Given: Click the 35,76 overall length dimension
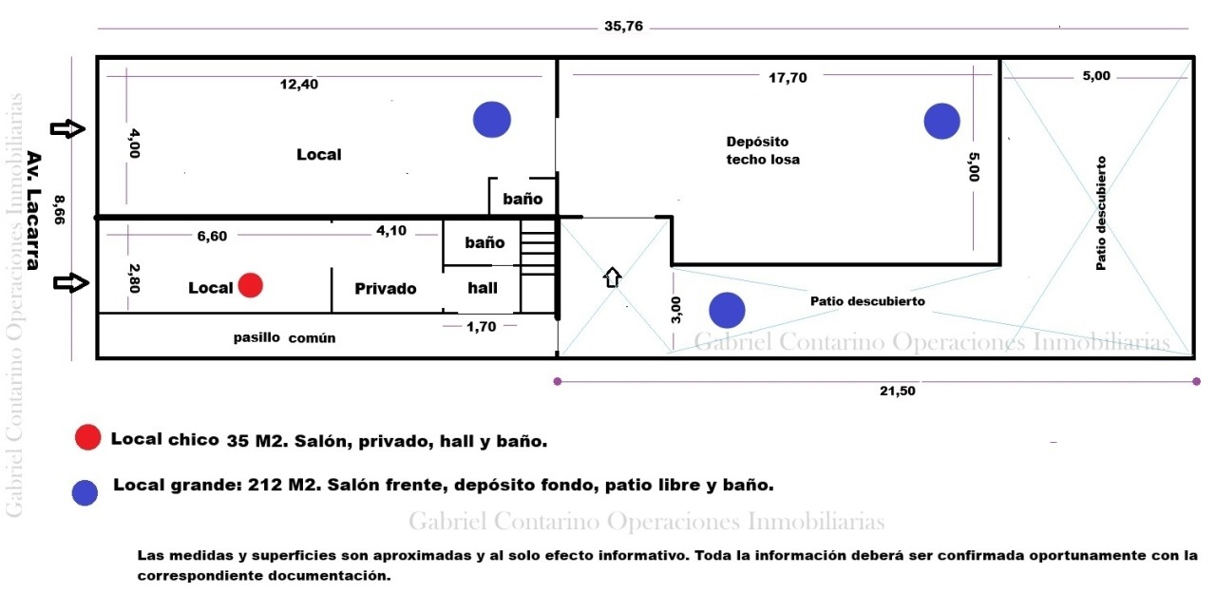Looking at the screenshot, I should (x=623, y=27).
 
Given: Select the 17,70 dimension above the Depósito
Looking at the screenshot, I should (x=787, y=78).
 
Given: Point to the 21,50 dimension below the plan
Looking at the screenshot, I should (x=895, y=391).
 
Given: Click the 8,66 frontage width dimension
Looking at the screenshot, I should (x=59, y=208).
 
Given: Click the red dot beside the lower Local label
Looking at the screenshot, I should (x=250, y=285).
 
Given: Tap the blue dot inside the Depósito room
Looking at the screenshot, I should (x=941, y=121).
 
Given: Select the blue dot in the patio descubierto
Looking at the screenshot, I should (x=727, y=310).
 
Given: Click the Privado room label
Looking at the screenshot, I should (x=386, y=289).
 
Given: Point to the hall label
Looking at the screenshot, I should (x=483, y=287).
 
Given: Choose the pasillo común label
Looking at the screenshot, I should (x=285, y=338).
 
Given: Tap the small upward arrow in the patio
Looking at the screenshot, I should (x=613, y=277).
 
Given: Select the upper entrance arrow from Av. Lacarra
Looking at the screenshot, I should (x=67, y=129).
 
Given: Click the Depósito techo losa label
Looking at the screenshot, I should (x=762, y=150).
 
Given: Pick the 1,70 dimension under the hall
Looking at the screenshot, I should (x=482, y=326).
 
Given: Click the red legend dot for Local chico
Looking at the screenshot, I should (x=87, y=437).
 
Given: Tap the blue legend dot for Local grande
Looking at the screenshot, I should (x=85, y=492).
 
